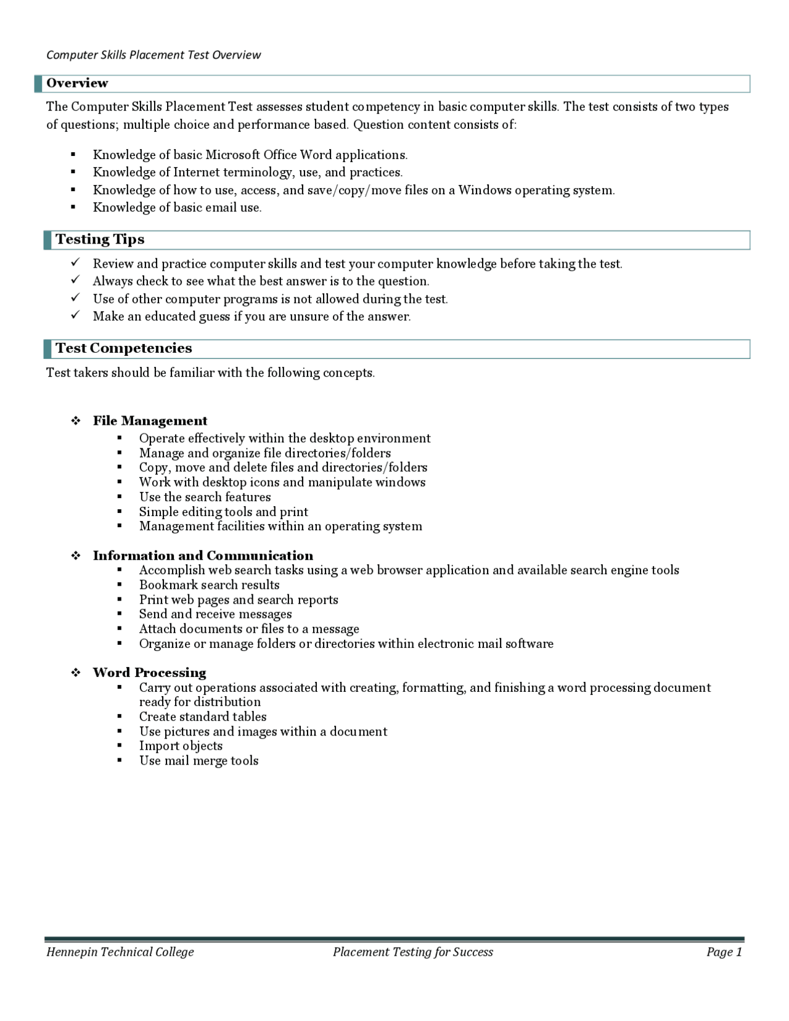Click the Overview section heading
tap(77, 83)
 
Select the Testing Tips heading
tap(100, 239)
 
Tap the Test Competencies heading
tap(124, 348)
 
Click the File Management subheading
tap(150, 421)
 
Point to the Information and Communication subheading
tap(203, 556)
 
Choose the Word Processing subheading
tap(149, 673)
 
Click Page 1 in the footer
tap(724, 952)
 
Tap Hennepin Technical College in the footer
tap(120, 952)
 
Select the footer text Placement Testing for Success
tap(412, 952)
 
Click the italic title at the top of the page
tap(153, 55)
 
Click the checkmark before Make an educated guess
tap(75, 315)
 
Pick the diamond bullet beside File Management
tap(76, 421)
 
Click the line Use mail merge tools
tap(198, 761)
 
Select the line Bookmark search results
tap(209, 585)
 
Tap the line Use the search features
tap(205, 497)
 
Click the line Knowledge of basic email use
tap(177, 208)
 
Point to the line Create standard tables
tap(203, 717)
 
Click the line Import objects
tap(181, 746)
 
